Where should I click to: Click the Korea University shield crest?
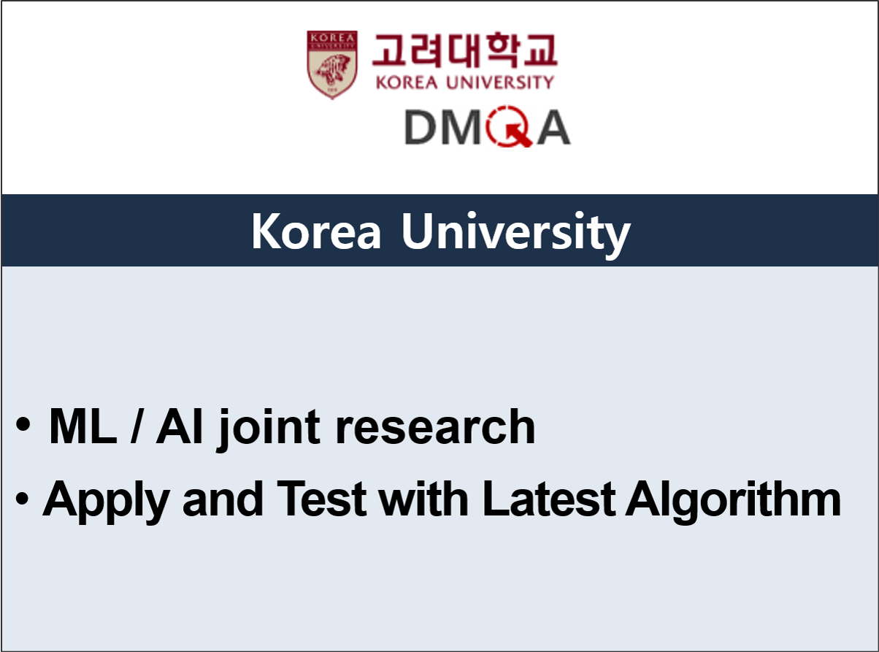click(332, 64)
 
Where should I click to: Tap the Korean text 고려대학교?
click(464, 50)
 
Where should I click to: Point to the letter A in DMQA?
click(553, 127)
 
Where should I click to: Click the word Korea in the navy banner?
click(316, 231)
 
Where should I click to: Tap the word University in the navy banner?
click(516, 234)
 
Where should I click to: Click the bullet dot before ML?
click(23, 423)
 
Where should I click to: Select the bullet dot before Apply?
click(22, 499)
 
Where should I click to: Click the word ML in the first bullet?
click(82, 426)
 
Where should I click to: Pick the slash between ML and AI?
click(136, 426)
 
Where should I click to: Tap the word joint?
click(268, 429)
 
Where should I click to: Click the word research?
click(435, 426)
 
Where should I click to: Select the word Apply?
click(106, 502)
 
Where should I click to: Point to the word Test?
click(321, 499)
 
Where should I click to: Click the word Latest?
click(549, 499)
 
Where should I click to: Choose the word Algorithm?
click(733, 502)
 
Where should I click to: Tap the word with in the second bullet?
click(423, 498)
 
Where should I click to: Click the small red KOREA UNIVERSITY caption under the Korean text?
click(464, 83)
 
